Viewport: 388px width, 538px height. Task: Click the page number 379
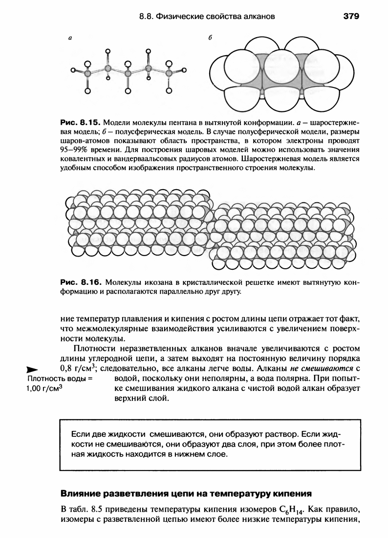click(x=351, y=17)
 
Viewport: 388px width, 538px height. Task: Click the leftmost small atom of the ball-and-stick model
click(x=73, y=72)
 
